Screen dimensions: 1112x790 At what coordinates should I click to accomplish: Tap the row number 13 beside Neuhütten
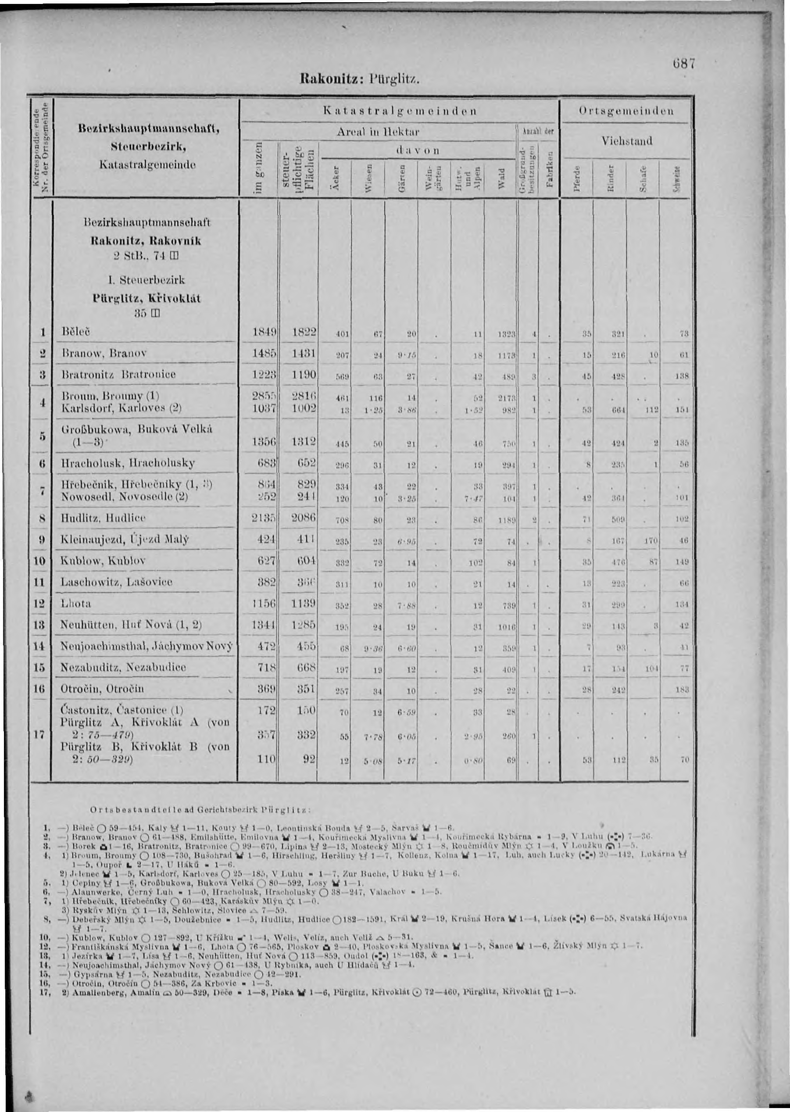point(42,625)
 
